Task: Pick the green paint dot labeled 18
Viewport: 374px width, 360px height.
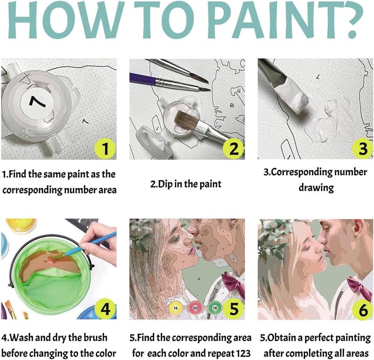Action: point(215,309)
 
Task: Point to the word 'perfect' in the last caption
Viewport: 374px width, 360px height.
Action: point(320,338)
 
